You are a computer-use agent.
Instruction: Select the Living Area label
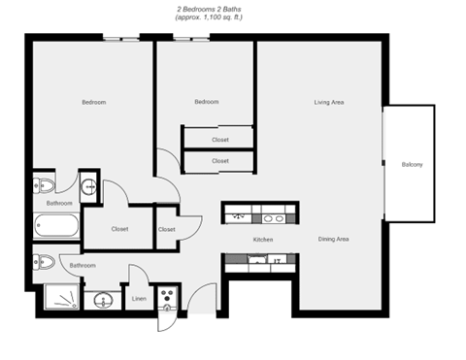329,102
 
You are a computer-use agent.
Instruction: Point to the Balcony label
412,165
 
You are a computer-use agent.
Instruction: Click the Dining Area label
333,239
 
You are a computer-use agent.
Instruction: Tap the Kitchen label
262,239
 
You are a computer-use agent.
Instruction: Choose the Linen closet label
139,299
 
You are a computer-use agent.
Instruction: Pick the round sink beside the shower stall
102,300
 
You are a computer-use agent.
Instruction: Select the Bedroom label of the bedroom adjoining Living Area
206,102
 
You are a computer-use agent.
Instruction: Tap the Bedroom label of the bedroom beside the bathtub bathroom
93,102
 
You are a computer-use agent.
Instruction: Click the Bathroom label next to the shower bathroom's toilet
82,265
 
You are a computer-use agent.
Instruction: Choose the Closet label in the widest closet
119,230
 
